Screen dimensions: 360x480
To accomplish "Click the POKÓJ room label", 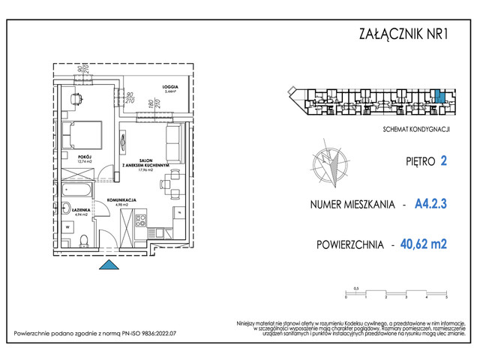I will (84, 158).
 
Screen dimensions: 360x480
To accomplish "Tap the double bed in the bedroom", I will (83, 134).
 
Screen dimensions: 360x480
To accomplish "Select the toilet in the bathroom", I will (85, 239).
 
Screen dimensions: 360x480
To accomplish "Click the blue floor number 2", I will (444, 160).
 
